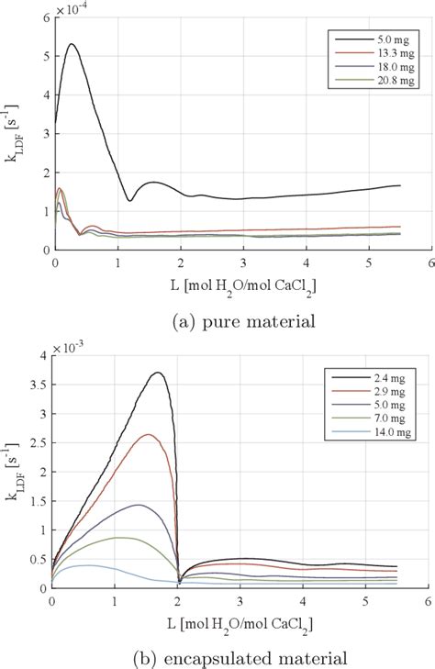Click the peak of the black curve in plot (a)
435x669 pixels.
click(x=72, y=44)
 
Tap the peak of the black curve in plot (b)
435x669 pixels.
click(x=158, y=373)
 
